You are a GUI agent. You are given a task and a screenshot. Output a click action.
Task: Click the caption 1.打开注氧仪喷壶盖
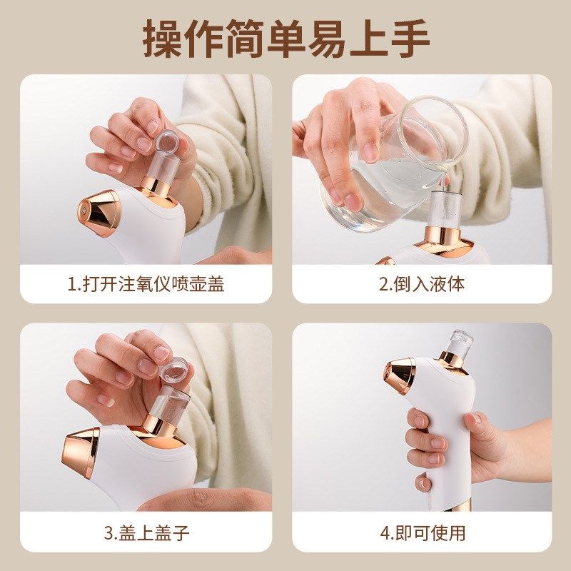tap(146, 283)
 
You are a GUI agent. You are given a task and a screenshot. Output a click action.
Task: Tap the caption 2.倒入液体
tap(421, 283)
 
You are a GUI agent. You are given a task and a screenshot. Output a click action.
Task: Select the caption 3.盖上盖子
tap(146, 532)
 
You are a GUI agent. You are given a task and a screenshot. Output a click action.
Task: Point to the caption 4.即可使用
tap(421, 532)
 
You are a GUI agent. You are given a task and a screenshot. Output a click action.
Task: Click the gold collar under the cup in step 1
tap(153, 184)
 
